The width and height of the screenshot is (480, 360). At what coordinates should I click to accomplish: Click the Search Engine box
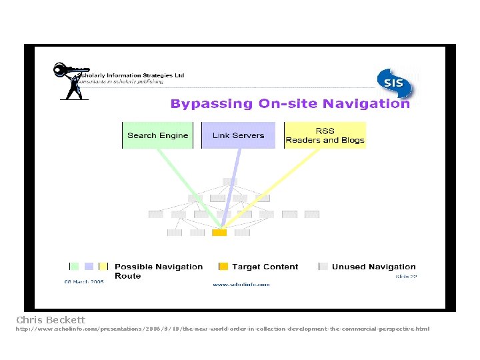[157, 135]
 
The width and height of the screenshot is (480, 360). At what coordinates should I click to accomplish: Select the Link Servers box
[238, 135]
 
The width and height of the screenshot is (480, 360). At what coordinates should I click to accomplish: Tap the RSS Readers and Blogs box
[325, 135]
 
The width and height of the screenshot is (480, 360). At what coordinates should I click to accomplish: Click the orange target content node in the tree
[219, 233]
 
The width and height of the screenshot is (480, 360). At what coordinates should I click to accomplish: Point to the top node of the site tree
[230, 181]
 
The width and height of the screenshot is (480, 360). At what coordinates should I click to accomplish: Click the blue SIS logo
[393, 83]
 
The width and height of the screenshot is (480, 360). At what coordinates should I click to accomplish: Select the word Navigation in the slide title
[366, 103]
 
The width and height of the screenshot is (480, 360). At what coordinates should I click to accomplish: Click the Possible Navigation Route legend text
[158, 271]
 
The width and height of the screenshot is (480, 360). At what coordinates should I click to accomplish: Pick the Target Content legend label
[265, 267]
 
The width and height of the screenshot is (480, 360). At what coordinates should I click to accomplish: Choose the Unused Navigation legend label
[373, 267]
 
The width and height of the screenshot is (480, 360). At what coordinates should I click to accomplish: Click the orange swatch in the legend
[223, 267]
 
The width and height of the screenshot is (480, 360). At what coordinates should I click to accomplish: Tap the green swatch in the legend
[74, 267]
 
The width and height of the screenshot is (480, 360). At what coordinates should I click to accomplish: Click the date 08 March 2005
[83, 282]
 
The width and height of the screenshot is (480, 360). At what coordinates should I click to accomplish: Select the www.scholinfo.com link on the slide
[241, 285]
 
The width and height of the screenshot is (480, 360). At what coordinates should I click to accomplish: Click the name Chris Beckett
[51, 320]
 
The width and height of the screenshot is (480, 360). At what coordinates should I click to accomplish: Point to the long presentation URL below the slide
[223, 329]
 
